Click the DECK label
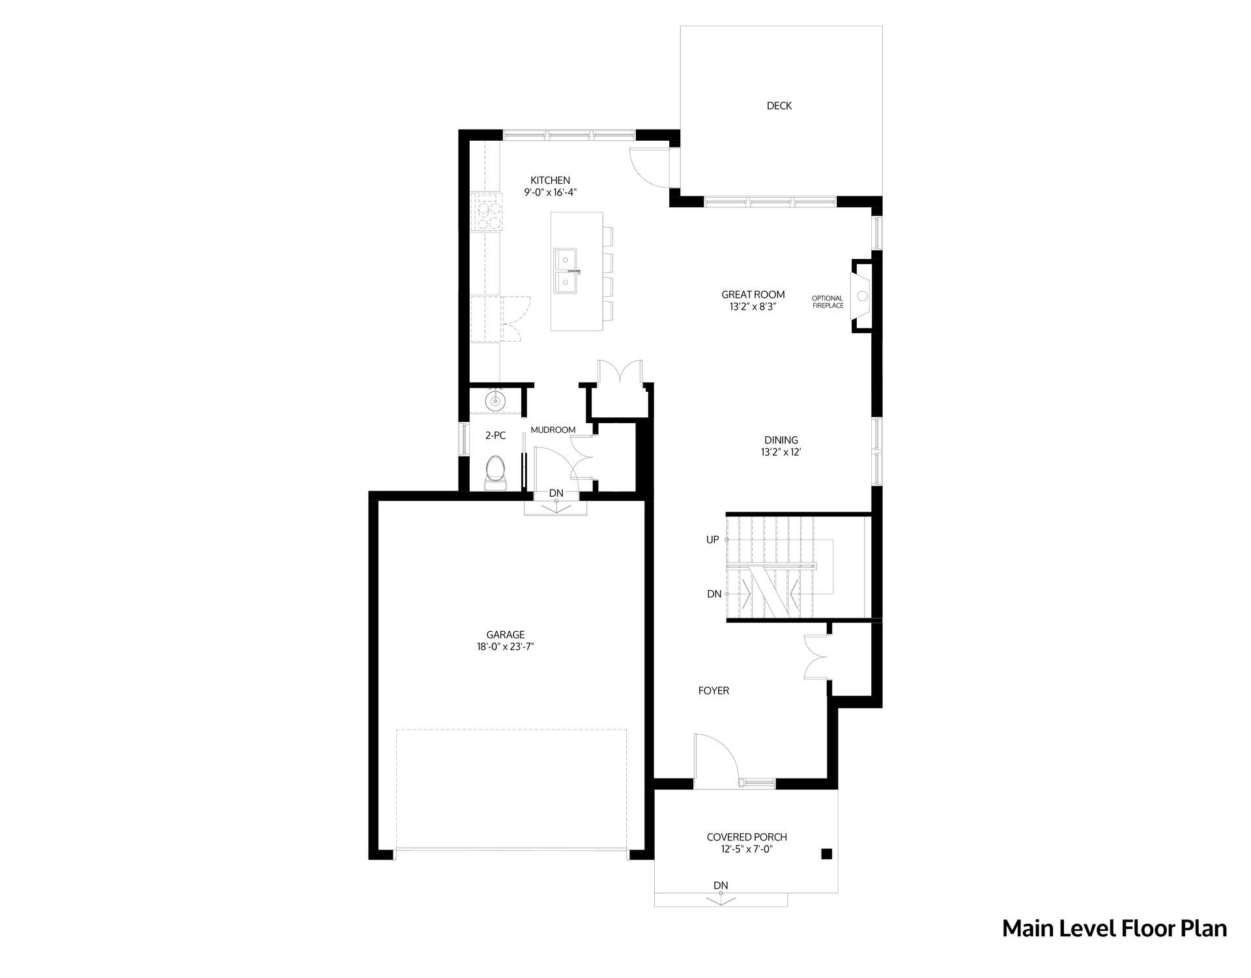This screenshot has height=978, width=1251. [779, 106]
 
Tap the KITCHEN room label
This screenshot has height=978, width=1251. [550, 181]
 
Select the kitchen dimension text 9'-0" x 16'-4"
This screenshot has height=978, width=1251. [551, 192]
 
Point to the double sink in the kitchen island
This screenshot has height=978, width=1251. [567, 271]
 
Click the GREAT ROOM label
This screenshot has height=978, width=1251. [753, 295]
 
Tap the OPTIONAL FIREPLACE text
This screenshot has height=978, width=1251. [827, 302]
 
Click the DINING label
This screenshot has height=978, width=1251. [781, 441]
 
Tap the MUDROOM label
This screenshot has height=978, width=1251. [553, 430]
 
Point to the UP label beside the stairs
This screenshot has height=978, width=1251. [713, 540]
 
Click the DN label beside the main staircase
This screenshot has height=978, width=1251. [714, 594]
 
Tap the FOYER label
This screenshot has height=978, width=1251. [713, 690]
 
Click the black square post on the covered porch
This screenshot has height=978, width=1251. [826, 853]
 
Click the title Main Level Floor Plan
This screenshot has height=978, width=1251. [1114, 928]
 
